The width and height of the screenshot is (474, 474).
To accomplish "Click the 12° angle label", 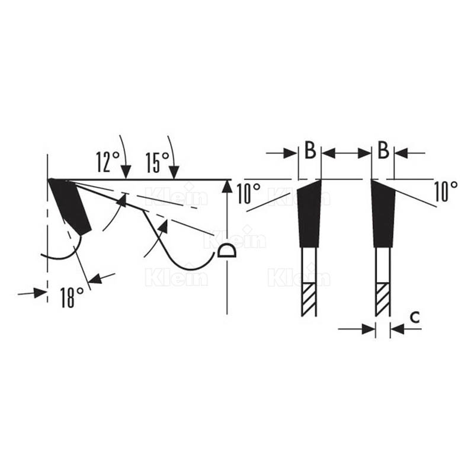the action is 108,162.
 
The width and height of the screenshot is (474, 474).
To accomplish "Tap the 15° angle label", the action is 157,162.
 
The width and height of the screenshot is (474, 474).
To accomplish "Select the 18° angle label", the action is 72,297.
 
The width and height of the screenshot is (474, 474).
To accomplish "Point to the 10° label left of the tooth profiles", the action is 248,193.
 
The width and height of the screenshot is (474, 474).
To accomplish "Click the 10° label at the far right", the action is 446,191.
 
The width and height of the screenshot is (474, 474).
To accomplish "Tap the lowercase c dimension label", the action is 415,317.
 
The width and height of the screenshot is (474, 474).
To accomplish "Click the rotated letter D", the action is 226,250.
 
